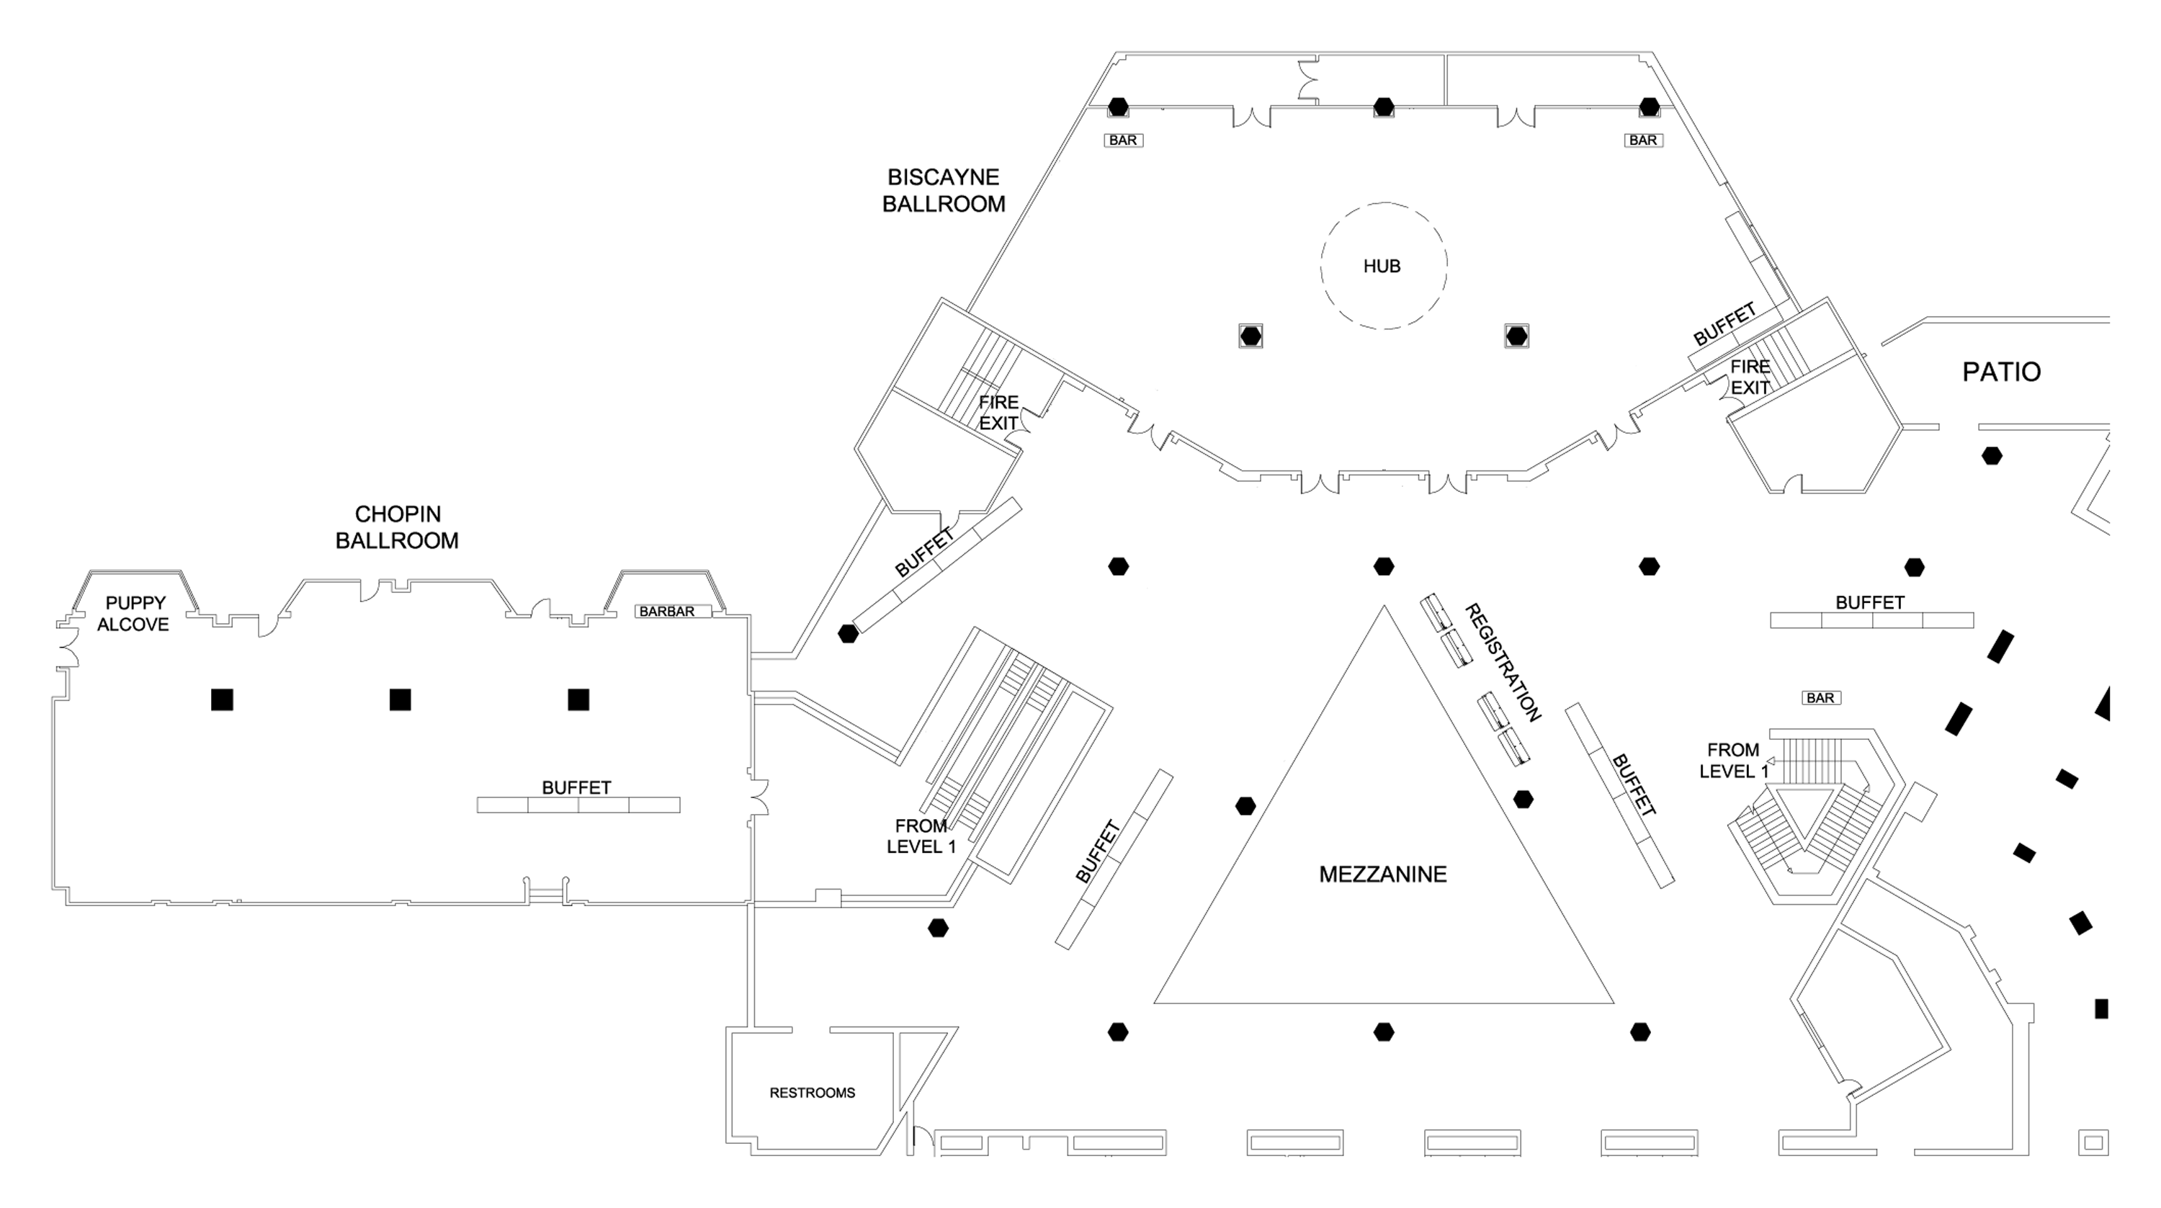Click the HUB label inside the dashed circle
click(x=1382, y=266)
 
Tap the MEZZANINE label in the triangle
click(x=1382, y=874)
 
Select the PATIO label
click(x=2001, y=372)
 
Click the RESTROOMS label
click(x=812, y=1092)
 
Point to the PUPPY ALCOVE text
click(x=134, y=613)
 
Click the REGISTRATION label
click(x=1503, y=663)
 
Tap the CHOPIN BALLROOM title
click(x=397, y=527)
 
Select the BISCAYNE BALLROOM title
click(x=943, y=190)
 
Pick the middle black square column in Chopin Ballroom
click(x=401, y=699)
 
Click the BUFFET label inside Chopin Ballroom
click(x=576, y=788)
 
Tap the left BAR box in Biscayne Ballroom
click(x=1123, y=140)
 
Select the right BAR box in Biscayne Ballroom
click(x=1642, y=140)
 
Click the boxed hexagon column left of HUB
click(x=1250, y=336)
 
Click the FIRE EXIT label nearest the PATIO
click(x=1750, y=377)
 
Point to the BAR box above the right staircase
click(x=1820, y=698)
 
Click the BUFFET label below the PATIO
click(x=1870, y=602)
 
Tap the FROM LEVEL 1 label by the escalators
click(x=921, y=836)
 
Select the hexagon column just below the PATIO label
click(x=1992, y=457)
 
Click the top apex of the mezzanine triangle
click(x=1383, y=607)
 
